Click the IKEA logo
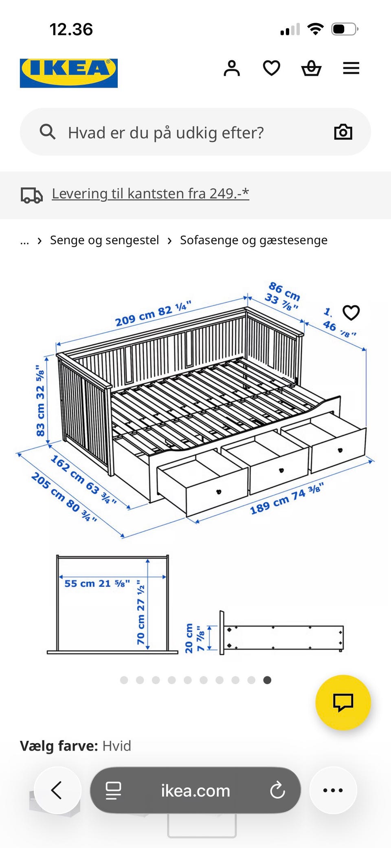point(68,73)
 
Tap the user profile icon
point(232,68)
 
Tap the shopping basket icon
point(311,68)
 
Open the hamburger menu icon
point(351,68)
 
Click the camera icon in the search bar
point(343,132)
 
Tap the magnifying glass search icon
point(47,132)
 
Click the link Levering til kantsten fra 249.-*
point(150,194)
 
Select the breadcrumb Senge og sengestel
point(104,240)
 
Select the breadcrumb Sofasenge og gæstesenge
point(253,240)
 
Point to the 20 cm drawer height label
point(189,638)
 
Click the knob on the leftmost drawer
point(219,492)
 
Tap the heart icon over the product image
point(351,313)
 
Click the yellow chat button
point(343,702)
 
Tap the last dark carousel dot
point(267,680)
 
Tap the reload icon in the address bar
point(277,791)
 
